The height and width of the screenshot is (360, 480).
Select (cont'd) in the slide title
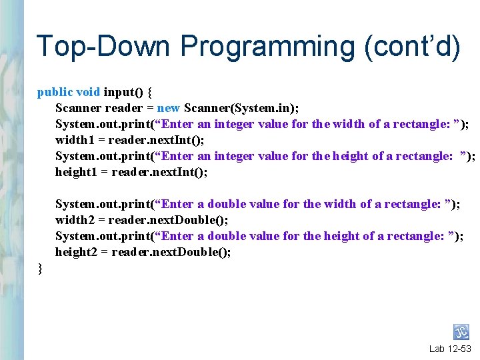point(421,47)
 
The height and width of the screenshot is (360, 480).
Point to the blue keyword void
point(88,92)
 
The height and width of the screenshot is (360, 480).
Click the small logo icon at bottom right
point(461,332)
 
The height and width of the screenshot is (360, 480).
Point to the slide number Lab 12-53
point(450,349)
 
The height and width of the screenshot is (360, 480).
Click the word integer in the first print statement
point(233,124)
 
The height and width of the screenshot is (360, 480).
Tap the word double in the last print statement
point(227,236)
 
